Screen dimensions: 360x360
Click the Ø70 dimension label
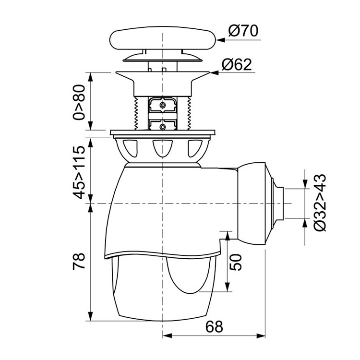[x=243, y=31]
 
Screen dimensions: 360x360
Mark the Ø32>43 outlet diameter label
[x=320, y=203]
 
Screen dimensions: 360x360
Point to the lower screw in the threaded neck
[x=163, y=126]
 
